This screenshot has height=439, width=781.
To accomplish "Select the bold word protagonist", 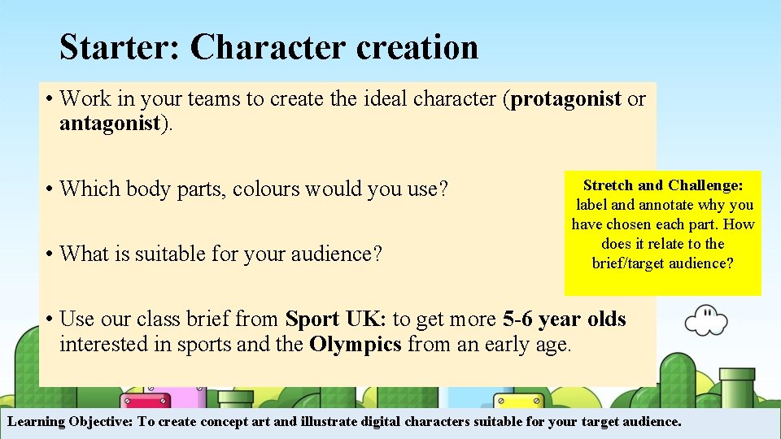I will click(x=566, y=99).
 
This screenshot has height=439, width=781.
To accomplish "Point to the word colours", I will click(x=266, y=189).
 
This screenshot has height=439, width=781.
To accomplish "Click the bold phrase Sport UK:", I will click(x=336, y=319).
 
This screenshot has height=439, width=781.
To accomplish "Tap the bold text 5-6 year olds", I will click(x=564, y=319).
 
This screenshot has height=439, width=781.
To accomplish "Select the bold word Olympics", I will click(x=356, y=344).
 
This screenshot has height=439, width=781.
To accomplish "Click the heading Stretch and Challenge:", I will click(x=662, y=185).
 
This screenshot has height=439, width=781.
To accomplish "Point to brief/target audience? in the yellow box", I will click(x=662, y=263).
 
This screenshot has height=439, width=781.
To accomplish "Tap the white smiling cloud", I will click(x=705, y=319).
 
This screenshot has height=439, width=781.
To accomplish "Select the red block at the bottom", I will click(x=145, y=402).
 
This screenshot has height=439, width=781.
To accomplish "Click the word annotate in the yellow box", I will click(x=665, y=205).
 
